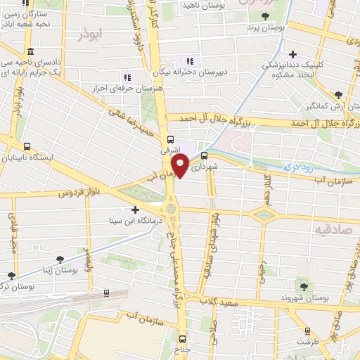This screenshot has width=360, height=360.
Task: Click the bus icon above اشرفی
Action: [x=170, y=139]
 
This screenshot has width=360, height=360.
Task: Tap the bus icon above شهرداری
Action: [x=204, y=155]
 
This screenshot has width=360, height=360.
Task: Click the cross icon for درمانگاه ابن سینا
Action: [x=135, y=210]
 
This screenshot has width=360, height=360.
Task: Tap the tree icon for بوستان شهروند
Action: [x=304, y=286]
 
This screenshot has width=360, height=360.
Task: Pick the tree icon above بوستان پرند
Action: [x=265, y=16]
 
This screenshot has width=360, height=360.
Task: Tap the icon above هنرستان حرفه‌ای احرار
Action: [x=127, y=77]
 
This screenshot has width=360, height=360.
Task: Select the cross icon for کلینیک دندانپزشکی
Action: [x=292, y=53]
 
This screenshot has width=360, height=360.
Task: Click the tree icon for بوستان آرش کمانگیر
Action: [x=338, y=94]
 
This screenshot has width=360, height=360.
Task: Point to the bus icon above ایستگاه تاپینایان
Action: [x=27, y=148]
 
